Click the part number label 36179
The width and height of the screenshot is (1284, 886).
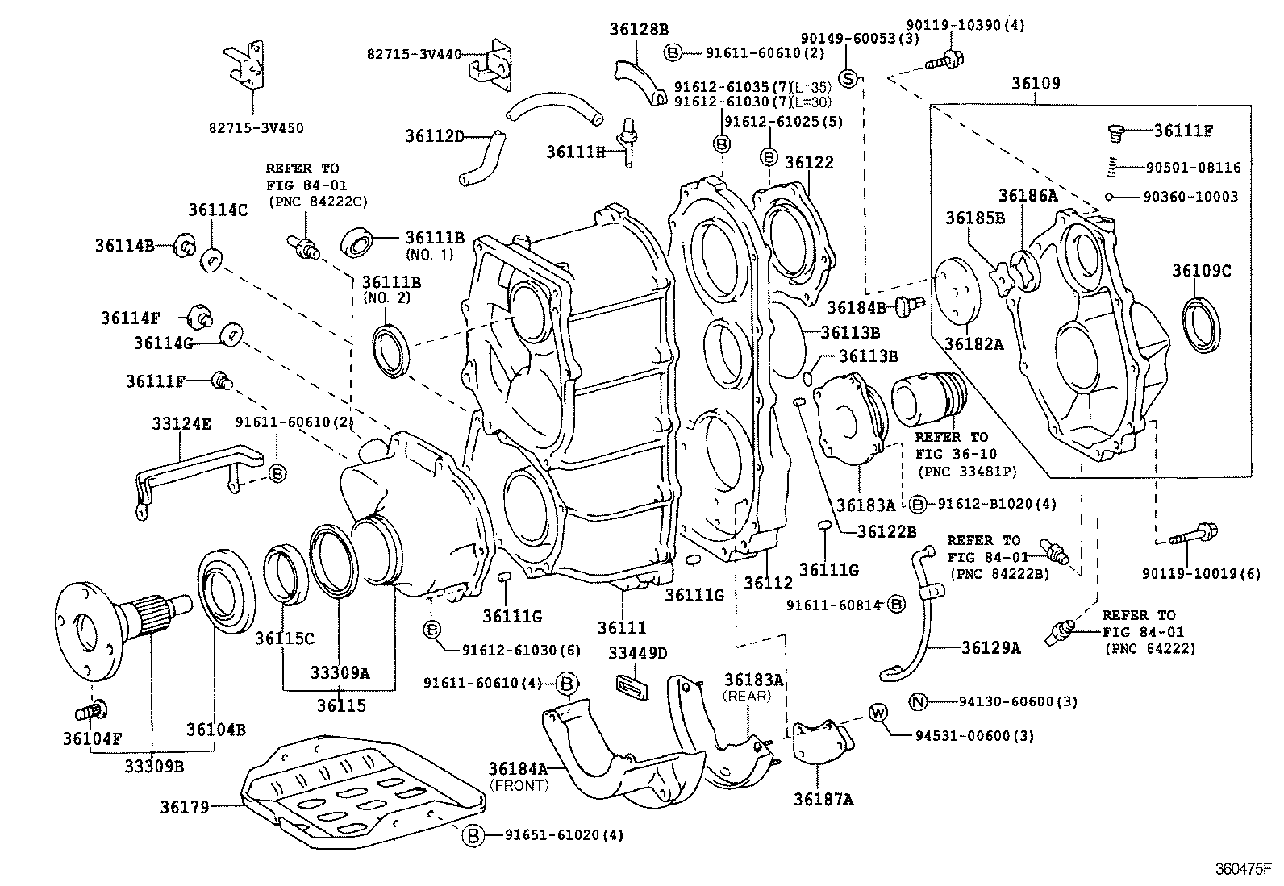pos(184,806)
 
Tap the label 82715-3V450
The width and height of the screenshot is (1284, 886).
pos(256,128)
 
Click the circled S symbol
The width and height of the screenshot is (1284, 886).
pos(848,77)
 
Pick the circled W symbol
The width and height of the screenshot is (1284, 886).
pos(878,713)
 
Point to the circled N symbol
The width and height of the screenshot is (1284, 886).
pos(917,701)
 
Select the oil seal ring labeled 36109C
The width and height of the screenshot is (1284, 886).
pos(1201,324)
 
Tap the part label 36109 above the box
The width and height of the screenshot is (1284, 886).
pos(1036,83)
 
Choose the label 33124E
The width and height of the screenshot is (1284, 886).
pos(181,423)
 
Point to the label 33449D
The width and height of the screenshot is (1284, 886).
pos(638,653)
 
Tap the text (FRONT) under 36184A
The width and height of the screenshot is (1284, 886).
pos(519,784)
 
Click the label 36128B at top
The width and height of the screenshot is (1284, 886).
pos(638,30)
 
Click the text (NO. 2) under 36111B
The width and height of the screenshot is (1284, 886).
pos(386,297)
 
